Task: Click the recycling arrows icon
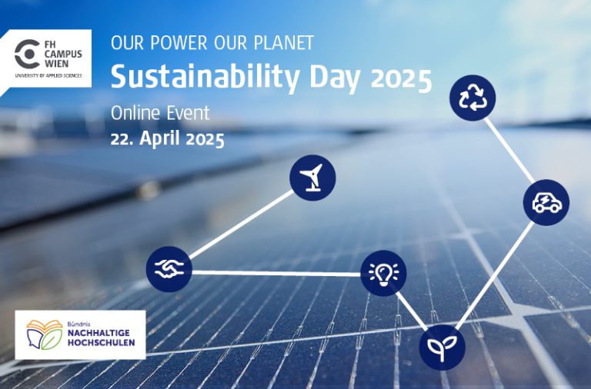click(472, 98)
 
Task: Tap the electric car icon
click(546, 203)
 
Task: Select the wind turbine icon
click(312, 178)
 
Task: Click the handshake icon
click(169, 269)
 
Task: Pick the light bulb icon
click(383, 273)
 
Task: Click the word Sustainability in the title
click(195, 77)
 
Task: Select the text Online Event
click(160, 113)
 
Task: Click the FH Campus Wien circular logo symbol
click(28, 54)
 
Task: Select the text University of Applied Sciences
click(48, 77)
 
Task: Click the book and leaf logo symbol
click(45, 333)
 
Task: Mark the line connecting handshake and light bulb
click(276, 272)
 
